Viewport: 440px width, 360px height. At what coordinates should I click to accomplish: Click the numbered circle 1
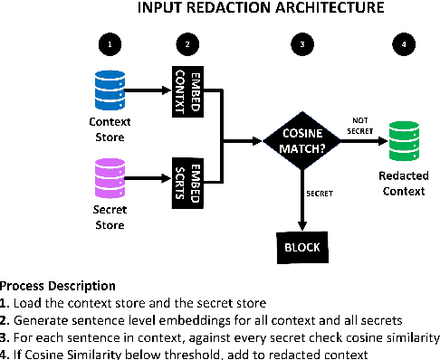pos(110,43)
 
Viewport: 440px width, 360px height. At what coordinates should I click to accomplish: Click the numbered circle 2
pos(185,43)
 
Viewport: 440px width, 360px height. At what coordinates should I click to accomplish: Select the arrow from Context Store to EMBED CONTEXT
pos(148,91)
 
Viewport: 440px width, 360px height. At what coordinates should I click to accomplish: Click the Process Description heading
pos(58,285)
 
